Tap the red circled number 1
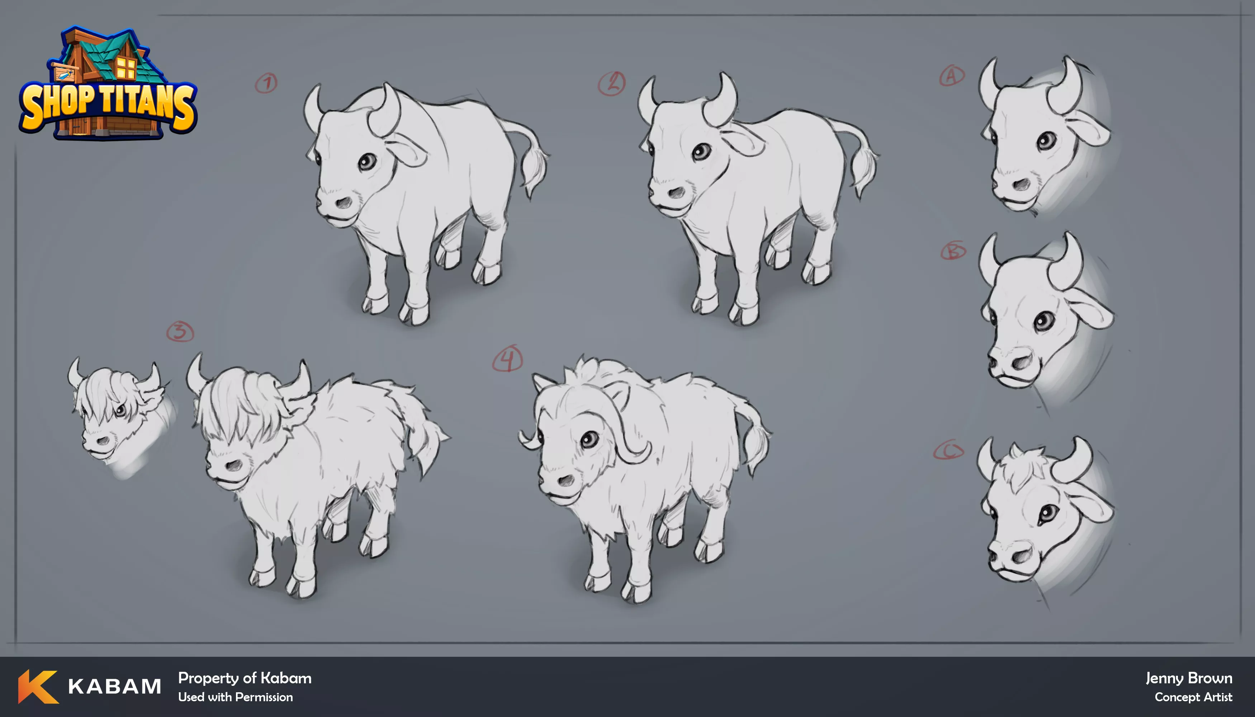click(266, 83)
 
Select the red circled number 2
click(612, 83)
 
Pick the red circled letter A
click(952, 76)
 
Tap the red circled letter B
click(953, 251)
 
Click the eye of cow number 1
click(367, 161)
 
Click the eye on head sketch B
click(1045, 322)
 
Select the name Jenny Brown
click(1189, 678)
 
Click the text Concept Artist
click(1193, 697)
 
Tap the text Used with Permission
click(236, 697)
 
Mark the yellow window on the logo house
click(126, 68)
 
